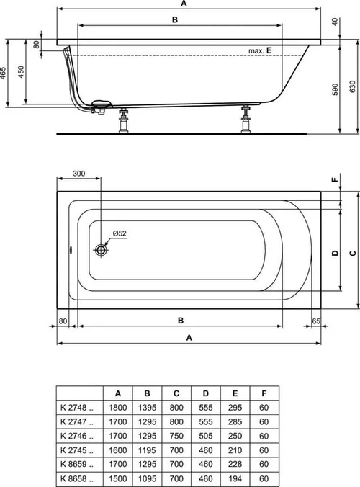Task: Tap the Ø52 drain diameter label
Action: [120, 233]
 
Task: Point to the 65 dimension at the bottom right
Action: [316, 321]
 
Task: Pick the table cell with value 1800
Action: [118, 408]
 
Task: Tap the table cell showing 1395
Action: [147, 408]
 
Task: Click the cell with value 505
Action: [206, 435]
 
